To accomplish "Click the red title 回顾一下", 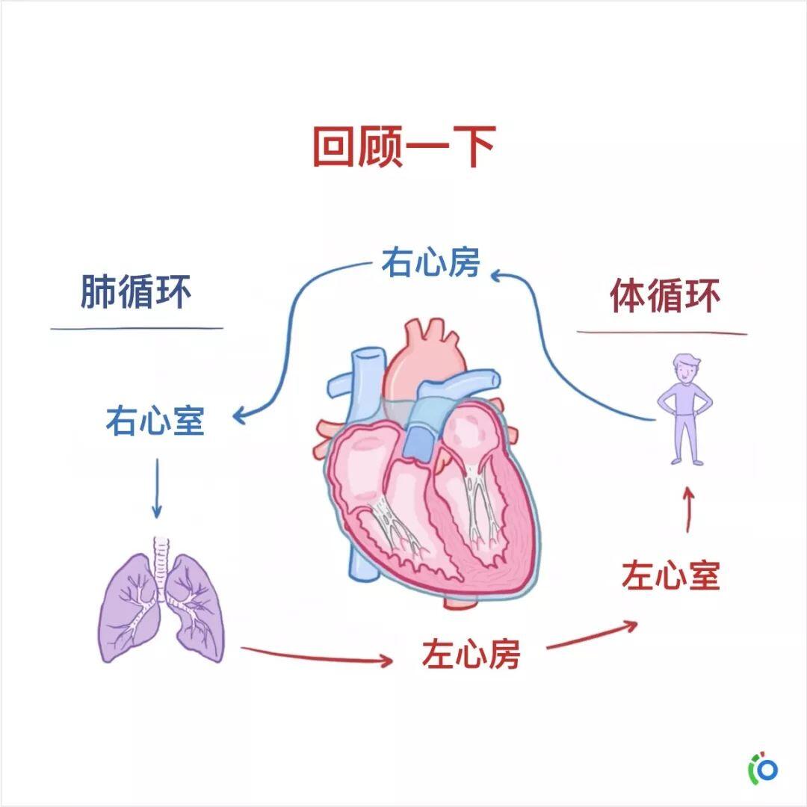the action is [x=404, y=146].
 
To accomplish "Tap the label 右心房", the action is [x=431, y=262].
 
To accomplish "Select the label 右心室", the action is [x=155, y=421].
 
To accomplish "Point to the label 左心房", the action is [x=471, y=654].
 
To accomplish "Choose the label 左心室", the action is [x=670, y=575].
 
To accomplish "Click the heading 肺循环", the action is [x=136, y=292].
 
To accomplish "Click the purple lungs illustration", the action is [x=161, y=602].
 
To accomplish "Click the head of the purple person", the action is [x=687, y=368].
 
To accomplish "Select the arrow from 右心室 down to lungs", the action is [x=157, y=488].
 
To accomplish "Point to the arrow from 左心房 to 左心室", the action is [x=592, y=635].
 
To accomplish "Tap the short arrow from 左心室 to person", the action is [x=688, y=510].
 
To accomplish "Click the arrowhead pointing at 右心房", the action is [x=497, y=276].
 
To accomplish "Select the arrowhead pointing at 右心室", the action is [x=240, y=416].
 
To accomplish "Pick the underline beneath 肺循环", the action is [x=137, y=328].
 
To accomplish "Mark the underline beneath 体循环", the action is [x=662, y=333].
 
